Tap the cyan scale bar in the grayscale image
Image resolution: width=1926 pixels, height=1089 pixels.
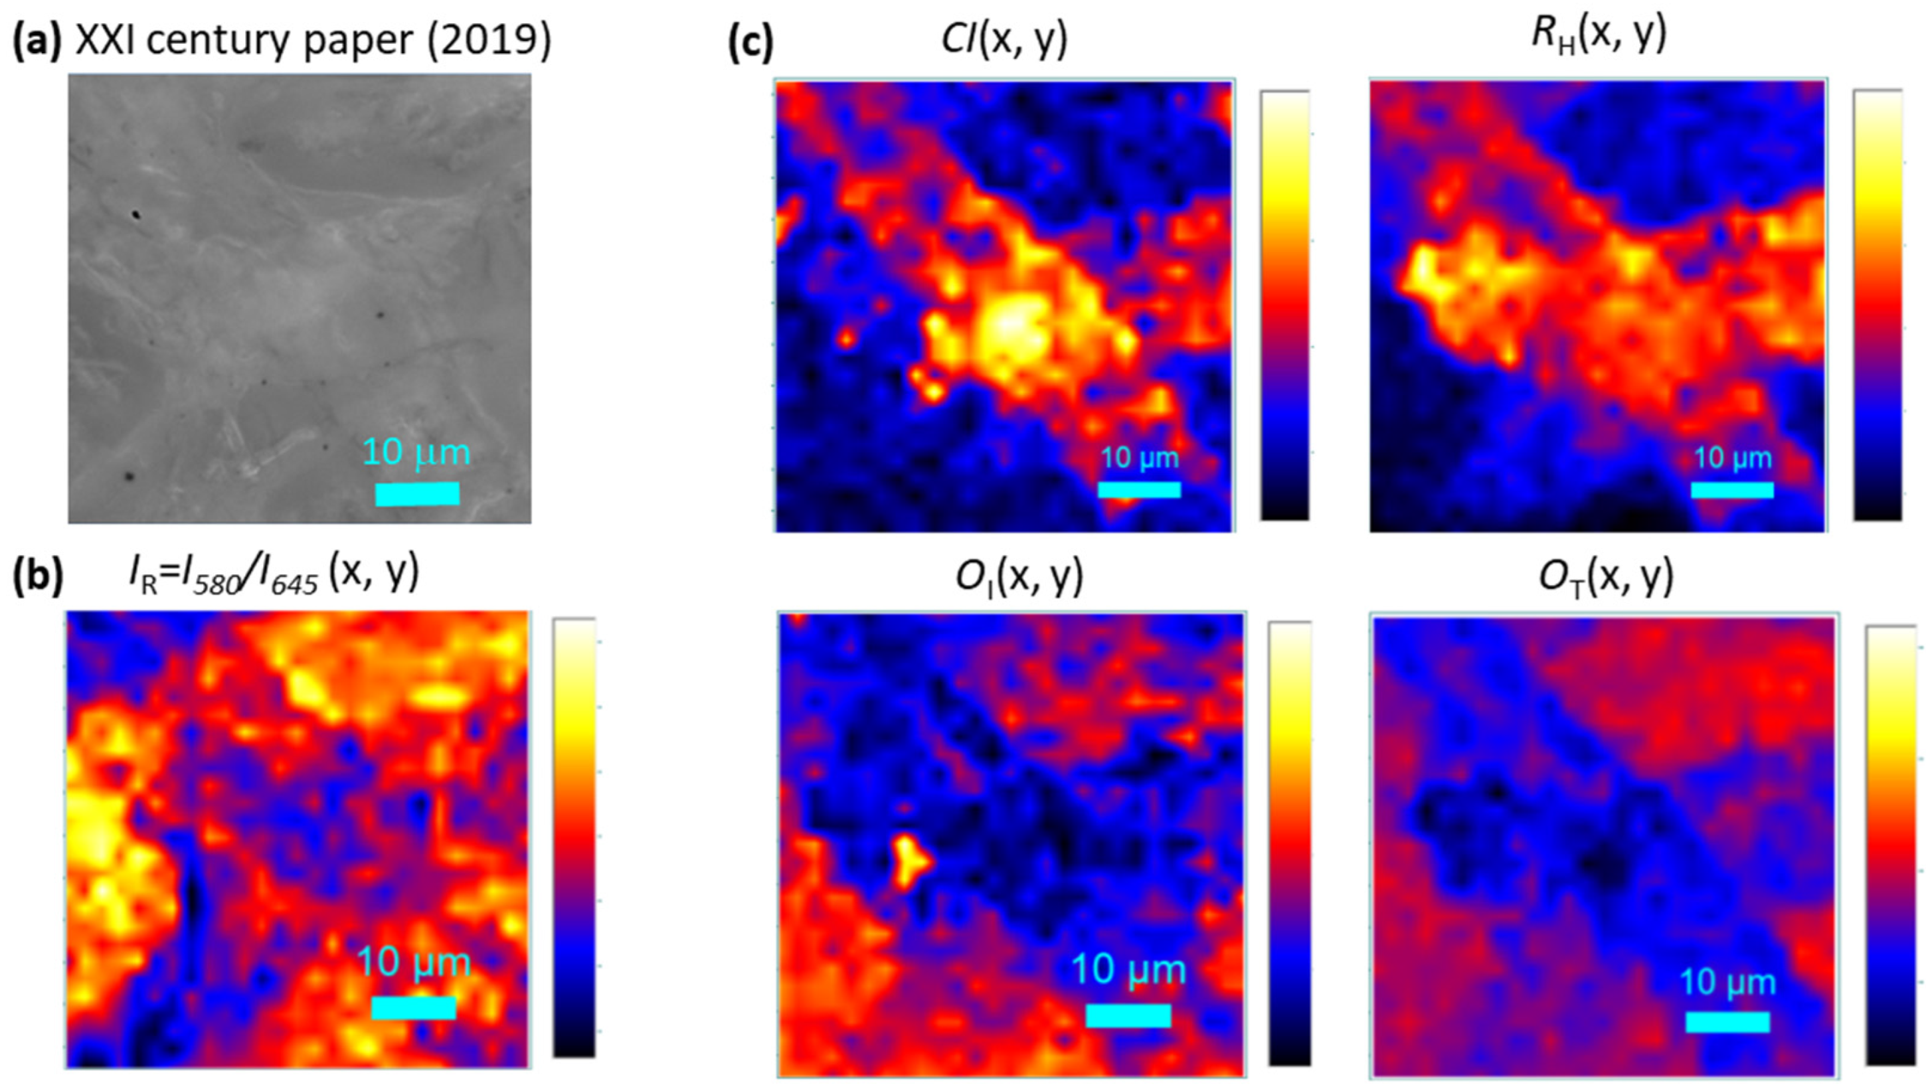coord(416,493)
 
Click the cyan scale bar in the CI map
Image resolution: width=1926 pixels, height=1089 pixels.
coord(1139,490)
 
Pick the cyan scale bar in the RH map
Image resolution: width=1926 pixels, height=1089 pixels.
coord(1732,490)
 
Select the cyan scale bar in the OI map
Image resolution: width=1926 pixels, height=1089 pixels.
coord(1128,1016)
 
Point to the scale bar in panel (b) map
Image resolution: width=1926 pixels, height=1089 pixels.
coord(414,1007)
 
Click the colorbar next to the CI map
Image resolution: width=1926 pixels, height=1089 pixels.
coord(1285,305)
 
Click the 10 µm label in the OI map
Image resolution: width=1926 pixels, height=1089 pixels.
coord(1128,971)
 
